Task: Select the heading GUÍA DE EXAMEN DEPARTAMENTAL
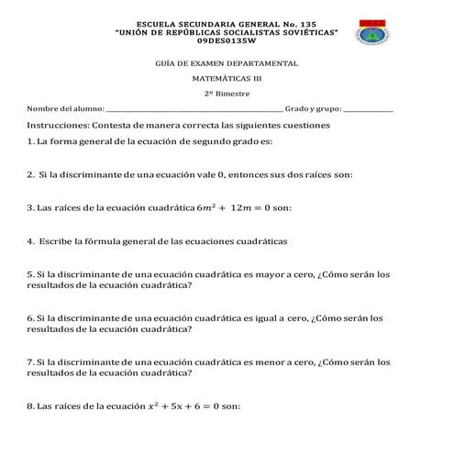(227, 63)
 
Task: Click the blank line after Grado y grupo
(368, 110)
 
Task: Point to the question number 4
(30, 241)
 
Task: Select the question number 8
(30, 405)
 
